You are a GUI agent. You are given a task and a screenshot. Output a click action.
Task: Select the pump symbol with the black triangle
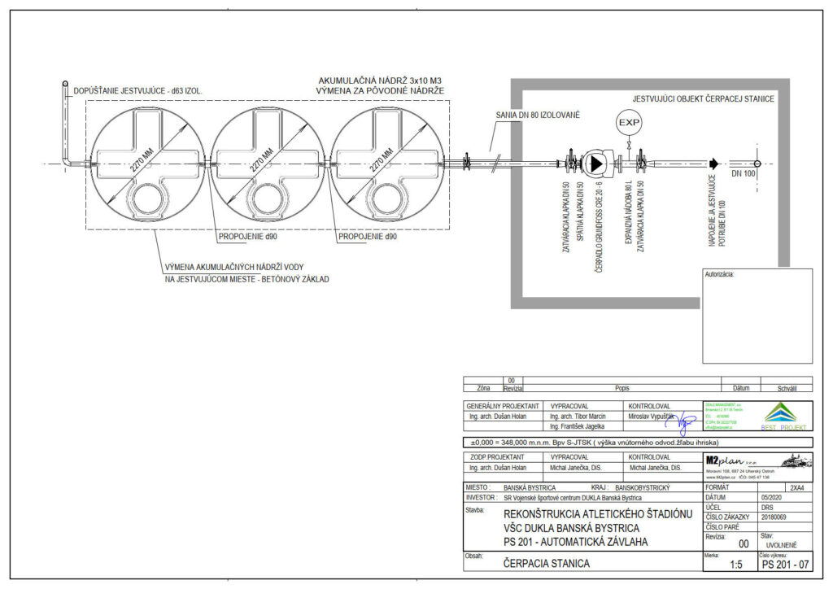coord(595,164)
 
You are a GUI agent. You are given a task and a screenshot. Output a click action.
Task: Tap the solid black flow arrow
coord(713,164)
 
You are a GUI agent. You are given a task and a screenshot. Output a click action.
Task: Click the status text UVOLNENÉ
coord(782,545)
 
